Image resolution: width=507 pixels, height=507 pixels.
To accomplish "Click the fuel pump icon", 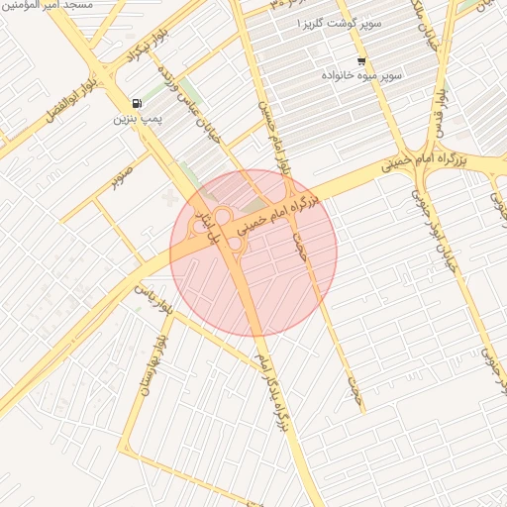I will pyautogui.click(x=136, y=103).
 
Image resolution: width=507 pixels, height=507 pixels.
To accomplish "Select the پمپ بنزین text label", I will pyautogui.click(x=136, y=119).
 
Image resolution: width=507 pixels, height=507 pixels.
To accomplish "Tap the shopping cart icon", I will pyautogui.click(x=360, y=60).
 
